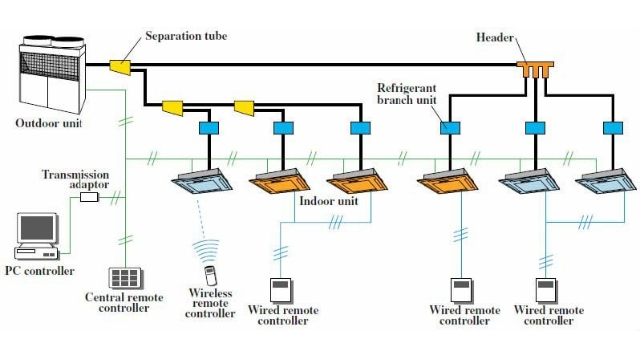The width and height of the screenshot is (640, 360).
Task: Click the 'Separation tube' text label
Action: pyautogui.click(x=186, y=36)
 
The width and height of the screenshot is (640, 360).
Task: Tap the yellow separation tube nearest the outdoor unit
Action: pyautogui.click(x=120, y=67)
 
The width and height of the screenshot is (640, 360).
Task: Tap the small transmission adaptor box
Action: pyautogui.click(x=89, y=197)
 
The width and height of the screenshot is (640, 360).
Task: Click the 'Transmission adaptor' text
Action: pyautogui.click(x=76, y=180)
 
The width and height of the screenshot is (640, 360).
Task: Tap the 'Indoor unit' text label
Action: pyautogui.click(x=329, y=201)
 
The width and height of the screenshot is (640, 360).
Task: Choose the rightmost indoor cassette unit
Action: pyautogui.click(x=603, y=180)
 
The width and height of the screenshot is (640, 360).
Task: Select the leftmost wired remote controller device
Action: pyautogui.click(x=281, y=290)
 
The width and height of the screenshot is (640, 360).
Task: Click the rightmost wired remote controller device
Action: pyautogui.click(x=547, y=290)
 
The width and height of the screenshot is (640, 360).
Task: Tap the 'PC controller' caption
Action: pyautogui.click(x=39, y=271)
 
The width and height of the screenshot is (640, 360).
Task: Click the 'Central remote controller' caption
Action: pyautogui.click(x=125, y=301)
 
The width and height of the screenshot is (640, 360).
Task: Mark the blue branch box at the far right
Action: pyautogui.click(x=610, y=128)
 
